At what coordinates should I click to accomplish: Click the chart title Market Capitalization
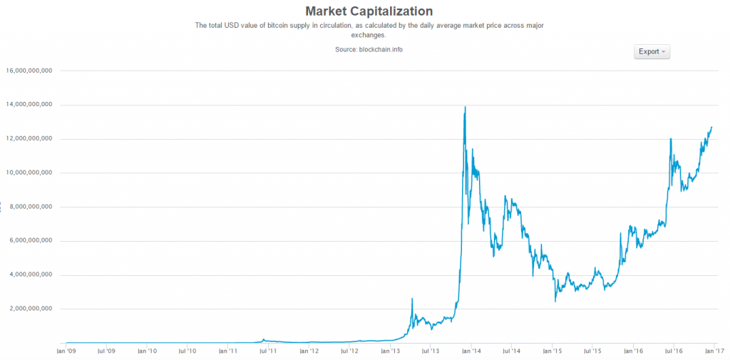[x=369, y=11]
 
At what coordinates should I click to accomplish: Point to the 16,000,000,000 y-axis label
[x=29, y=71]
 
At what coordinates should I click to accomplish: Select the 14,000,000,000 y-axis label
[x=29, y=105]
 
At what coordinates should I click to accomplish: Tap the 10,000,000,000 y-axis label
[x=29, y=173]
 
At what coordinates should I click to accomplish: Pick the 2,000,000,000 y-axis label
[x=31, y=309]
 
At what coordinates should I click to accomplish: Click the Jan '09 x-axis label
[x=66, y=351]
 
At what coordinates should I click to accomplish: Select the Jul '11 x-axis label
[x=269, y=351]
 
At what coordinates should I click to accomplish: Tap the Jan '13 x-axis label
[x=391, y=351]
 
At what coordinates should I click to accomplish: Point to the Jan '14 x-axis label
[x=471, y=351]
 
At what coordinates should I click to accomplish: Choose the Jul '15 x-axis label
[x=593, y=351]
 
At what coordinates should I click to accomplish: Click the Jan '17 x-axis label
[x=714, y=351]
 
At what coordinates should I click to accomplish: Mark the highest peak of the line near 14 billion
[x=466, y=107]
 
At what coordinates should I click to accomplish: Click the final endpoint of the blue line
[x=711, y=127]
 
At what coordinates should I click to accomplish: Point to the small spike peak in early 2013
[x=412, y=298]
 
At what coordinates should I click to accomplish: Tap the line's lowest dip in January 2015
[x=555, y=302]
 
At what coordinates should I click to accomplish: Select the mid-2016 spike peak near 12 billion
[x=671, y=138]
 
